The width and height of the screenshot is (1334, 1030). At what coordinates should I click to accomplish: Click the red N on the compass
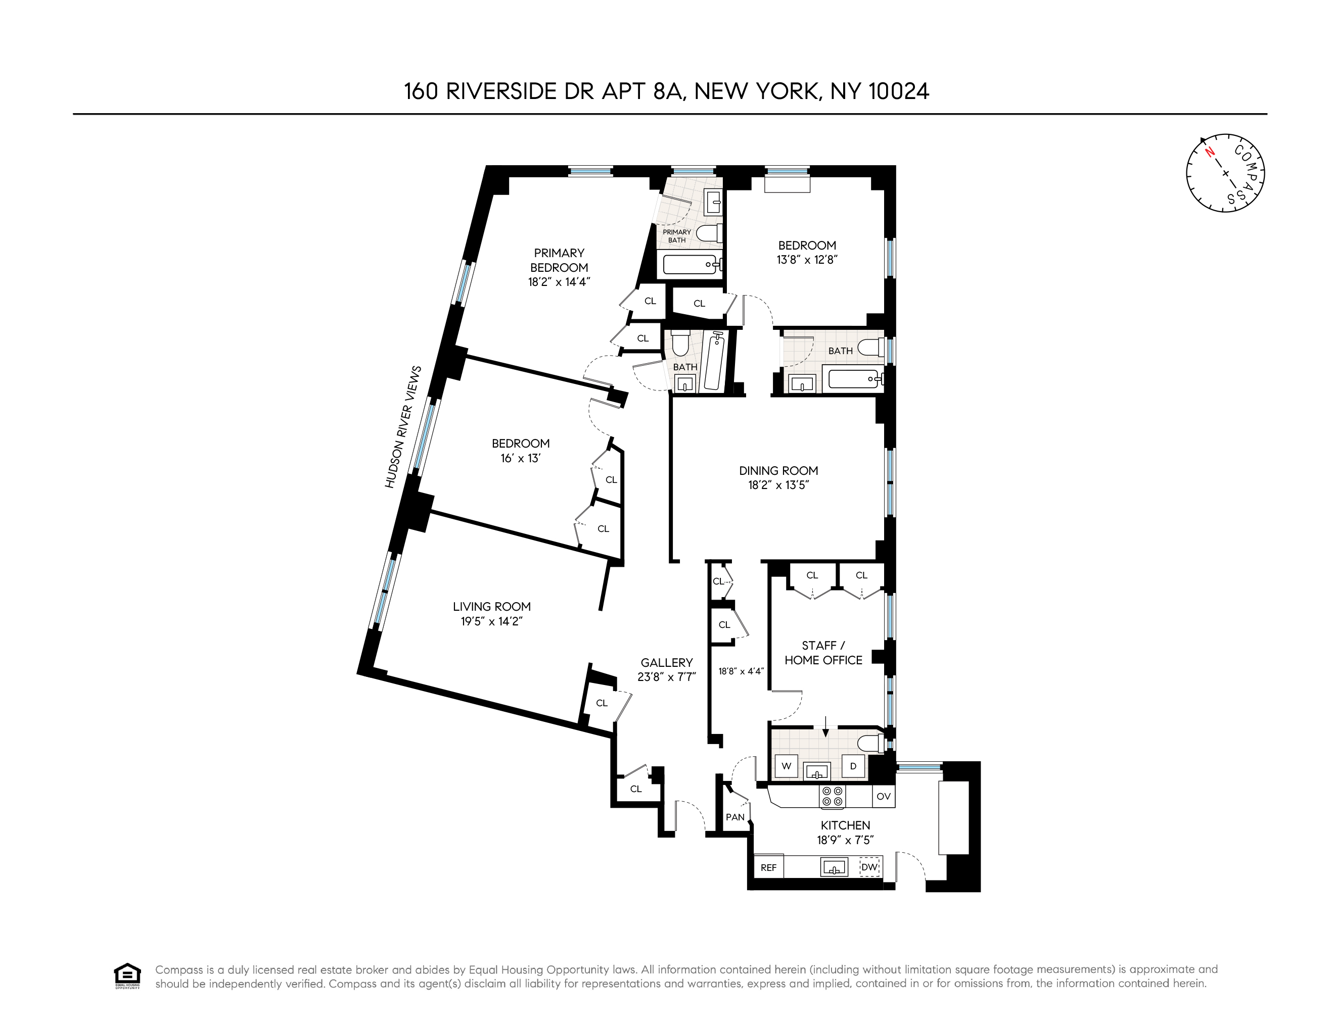(1209, 153)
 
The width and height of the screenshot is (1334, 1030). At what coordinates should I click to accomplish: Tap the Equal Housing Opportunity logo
(127, 975)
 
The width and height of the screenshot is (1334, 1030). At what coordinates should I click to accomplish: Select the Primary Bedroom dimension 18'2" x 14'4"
(559, 282)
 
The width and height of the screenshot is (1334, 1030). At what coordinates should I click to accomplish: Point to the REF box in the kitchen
(768, 867)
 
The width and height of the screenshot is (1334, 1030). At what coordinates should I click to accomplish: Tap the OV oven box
(883, 797)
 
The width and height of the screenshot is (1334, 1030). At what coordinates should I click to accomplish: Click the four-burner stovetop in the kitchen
(833, 797)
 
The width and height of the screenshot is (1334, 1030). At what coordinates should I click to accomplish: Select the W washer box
(787, 766)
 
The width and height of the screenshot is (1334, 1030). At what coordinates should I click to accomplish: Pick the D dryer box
(853, 766)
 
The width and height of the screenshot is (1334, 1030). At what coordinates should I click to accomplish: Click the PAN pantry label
(735, 817)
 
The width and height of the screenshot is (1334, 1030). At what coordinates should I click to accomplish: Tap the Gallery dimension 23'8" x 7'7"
(666, 677)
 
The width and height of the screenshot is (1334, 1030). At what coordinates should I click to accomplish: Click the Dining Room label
(778, 471)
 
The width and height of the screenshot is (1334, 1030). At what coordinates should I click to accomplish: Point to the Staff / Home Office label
(823, 653)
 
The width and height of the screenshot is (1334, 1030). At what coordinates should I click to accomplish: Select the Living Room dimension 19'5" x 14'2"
(491, 621)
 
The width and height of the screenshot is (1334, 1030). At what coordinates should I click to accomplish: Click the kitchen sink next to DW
(834, 867)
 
